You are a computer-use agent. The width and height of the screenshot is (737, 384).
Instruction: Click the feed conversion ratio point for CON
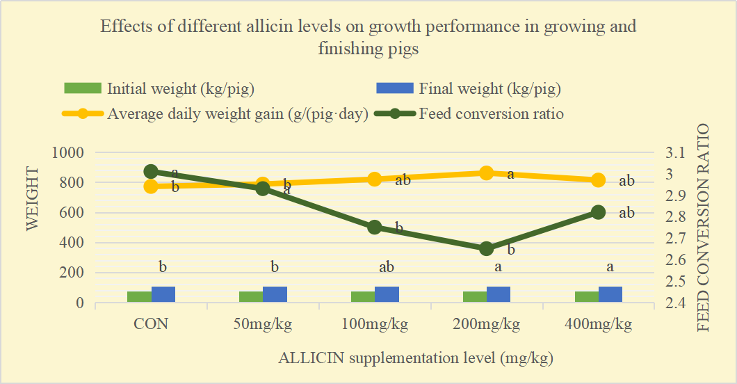(x=151, y=172)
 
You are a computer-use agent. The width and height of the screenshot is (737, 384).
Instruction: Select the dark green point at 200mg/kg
(x=487, y=248)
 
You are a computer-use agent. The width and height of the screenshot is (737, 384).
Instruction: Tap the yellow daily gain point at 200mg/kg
(x=487, y=173)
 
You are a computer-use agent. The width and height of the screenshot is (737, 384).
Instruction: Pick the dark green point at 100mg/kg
(x=375, y=227)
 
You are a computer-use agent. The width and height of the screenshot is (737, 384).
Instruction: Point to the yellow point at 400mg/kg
(x=599, y=180)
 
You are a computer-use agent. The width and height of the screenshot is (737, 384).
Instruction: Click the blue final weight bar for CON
(x=163, y=294)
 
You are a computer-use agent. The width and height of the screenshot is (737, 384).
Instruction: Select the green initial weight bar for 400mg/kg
(x=586, y=297)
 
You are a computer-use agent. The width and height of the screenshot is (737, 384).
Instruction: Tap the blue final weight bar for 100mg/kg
(x=387, y=294)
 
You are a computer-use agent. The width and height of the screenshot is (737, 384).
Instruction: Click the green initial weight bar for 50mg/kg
(x=250, y=297)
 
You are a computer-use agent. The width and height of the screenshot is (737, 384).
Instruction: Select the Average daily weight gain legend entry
(x=237, y=114)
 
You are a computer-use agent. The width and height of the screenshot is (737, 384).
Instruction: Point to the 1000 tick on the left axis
(x=70, y=152)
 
